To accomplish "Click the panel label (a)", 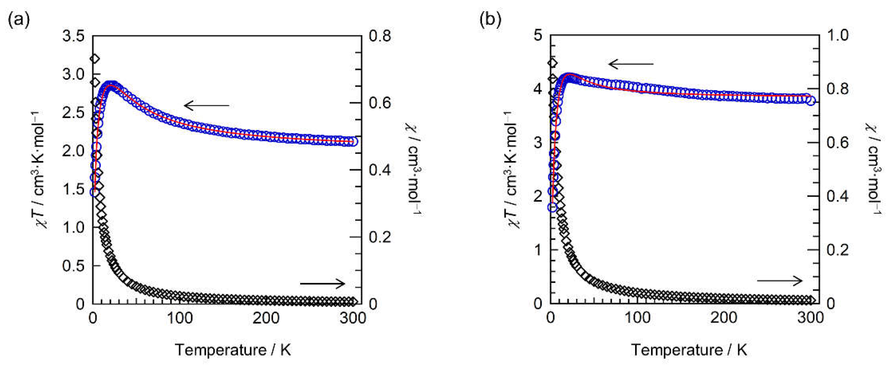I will [x=19, y=20].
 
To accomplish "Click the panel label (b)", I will [x=490, y=20].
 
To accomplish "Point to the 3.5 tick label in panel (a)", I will [x=73, y=36].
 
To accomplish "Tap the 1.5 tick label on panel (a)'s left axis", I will [x=73, y=189].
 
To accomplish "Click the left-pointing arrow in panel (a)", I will [x=207, y=105].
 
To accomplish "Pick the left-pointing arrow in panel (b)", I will [x=630, y=64].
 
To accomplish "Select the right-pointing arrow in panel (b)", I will [x=780, y=281].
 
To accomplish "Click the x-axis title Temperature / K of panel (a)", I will [x=233, y=350].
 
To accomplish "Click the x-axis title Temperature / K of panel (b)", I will [x=689, y=350].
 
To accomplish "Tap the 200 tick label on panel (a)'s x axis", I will [x=266, y=318].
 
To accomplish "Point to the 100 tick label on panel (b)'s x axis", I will [x=637, y=318].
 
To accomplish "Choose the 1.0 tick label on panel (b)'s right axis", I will [x=837, y=36].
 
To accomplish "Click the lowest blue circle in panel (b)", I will [x=552, y=207].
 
